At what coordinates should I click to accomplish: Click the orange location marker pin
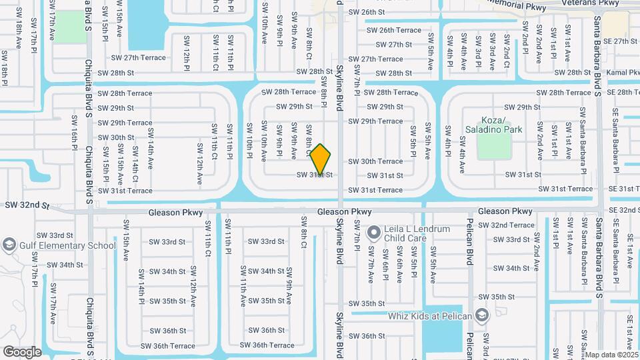pyautogui.click(x=321, y=159)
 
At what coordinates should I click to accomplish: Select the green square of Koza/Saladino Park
pyautogui.click(x=494, y=145)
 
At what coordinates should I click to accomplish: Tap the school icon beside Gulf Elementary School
pyautogui.click(x=9, y=245)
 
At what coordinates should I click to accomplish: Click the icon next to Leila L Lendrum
pyautogui.click(x=373, y=233)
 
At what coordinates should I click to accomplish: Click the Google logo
pyautogui.click(x=22, y=351)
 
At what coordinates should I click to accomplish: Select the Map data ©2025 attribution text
pyautogui.click(x=611, y=355)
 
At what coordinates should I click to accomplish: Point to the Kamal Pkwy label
pyautogui.click(x=624, y=72)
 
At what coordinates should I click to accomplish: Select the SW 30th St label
pyautogui.click(x=116, y=138)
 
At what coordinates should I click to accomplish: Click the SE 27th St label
pyautogui.click(x=621, y=41)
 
